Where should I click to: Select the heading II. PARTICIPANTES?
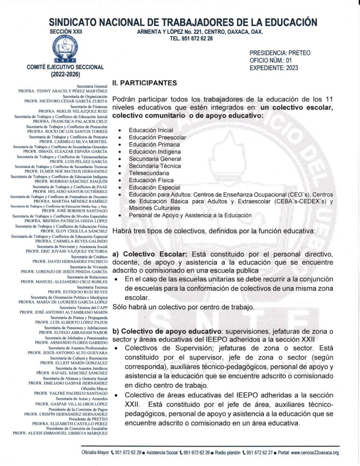point(144,83)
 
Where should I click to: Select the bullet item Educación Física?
point(151,180)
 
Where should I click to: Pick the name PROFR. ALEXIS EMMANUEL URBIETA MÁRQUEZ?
point(60,433)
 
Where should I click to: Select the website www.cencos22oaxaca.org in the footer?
point(309,453)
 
